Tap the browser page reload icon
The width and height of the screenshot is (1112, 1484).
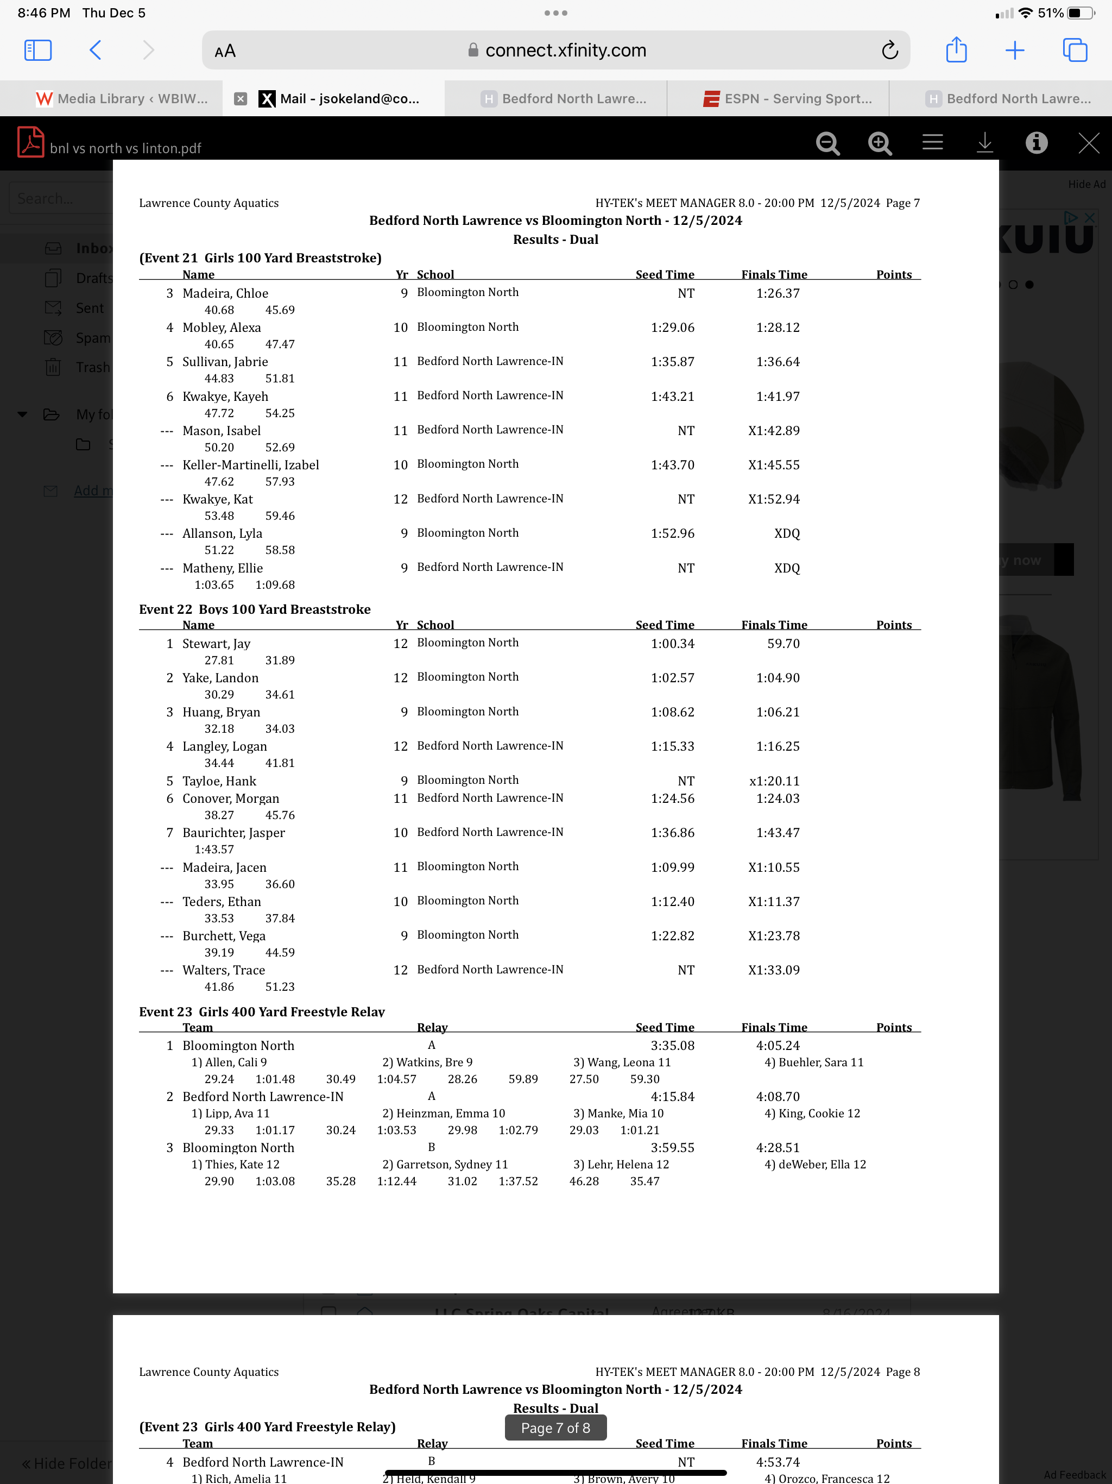[x=889, y=51]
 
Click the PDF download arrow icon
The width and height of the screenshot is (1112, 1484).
[x=984, y=142]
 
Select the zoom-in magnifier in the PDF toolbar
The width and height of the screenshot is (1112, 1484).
[x=879, y=143]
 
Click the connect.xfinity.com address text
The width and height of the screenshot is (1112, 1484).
[x=565, y=51]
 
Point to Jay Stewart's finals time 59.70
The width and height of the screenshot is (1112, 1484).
[x=783, y=643]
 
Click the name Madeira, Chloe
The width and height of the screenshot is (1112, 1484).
[x=225, y=293]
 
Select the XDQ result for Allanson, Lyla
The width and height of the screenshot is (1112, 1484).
[x=787, y=533]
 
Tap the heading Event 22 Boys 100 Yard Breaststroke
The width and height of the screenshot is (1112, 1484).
[x=255, y=609]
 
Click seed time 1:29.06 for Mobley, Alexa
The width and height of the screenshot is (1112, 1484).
[x=672, y=328]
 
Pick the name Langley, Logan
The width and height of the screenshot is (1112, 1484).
[x=225, y=746]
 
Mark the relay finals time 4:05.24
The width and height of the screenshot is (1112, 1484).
[x=778, y=1045]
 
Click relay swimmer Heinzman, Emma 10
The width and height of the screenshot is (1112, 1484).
[x=443, y=1113]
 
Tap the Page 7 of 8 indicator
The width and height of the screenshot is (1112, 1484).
[x=555, y=1428]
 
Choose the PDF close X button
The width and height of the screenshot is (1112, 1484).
[x=1088, y=142]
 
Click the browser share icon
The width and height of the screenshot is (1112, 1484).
[x=956, y=51]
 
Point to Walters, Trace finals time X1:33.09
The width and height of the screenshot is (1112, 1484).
[x=773, y=970]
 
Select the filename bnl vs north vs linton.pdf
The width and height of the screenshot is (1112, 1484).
[x=125, y=148]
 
